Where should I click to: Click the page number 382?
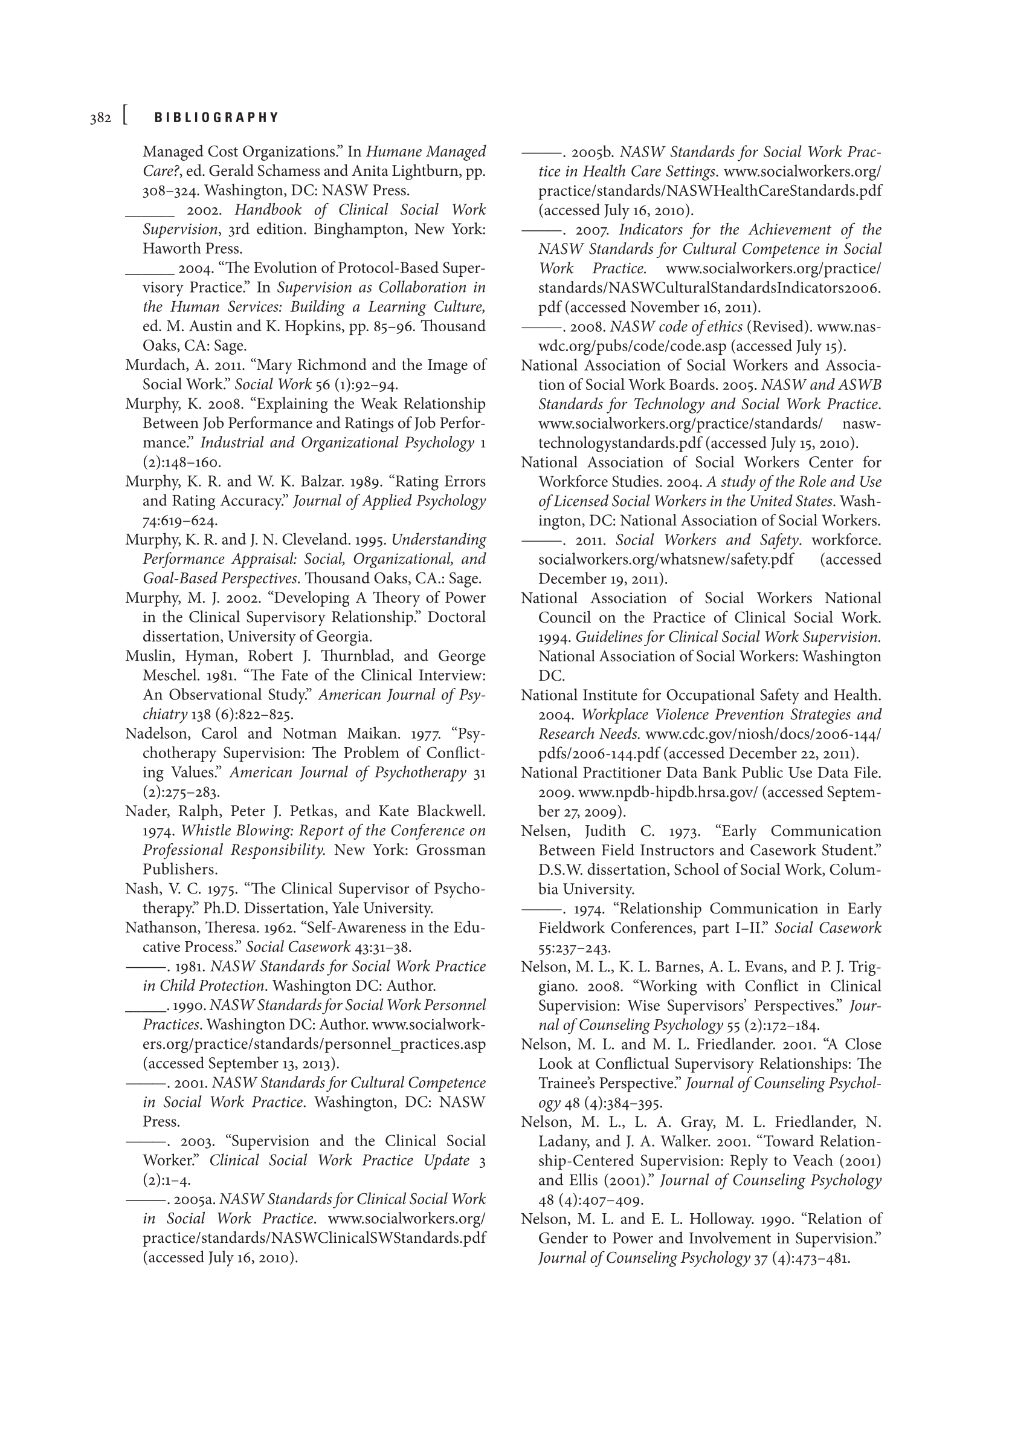pyautogui.click(x=100, y=118)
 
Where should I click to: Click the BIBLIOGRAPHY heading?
pyautogui.click(x=216, y=118)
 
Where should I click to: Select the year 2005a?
pyautogui.click(x=195, y=1199)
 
